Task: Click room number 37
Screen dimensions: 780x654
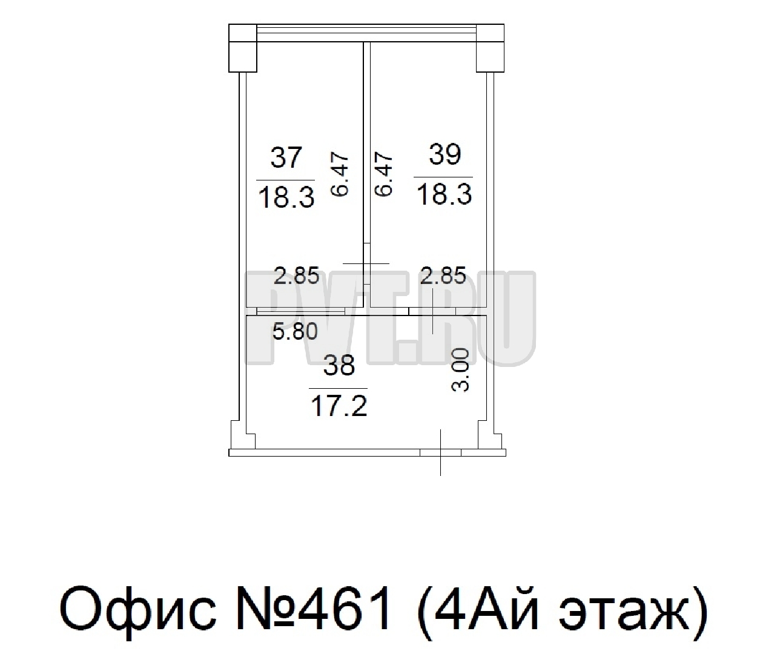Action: point(286,157)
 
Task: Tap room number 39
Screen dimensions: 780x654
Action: point(445,154)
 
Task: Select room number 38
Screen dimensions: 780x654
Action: point(339,365)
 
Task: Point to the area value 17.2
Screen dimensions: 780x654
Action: point(339,406)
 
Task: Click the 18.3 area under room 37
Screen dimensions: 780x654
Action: point(286,197)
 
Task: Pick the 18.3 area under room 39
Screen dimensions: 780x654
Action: point(444,194)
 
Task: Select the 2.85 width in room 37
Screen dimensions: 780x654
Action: point(297,276)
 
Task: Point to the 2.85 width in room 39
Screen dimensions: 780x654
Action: point(443,276)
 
